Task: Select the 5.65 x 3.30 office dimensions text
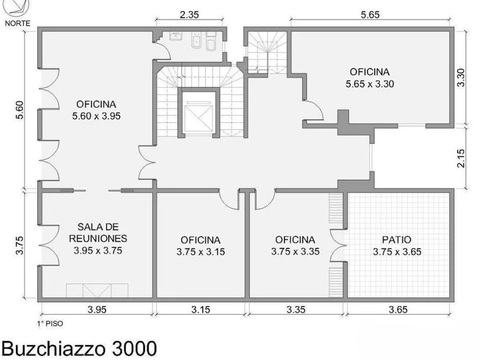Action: pyautogui.click(x=370, y=84)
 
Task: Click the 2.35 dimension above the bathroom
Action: pyautogui.click(x=189, y=15)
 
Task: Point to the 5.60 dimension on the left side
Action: pyautogui.click(x=19, y=110)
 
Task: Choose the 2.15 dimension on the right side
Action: pyautogui.click(x=461, y=158)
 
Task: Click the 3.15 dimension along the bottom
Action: pyautogui.click(x=201, y=310)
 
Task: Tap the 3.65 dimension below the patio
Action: pyautogui.click(x=398, y=310)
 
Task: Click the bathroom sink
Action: pyautogui.click(x=176, y=35)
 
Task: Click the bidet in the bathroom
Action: pyautogui.click(x=196, y=40)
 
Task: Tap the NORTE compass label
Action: pyautogui.click(x=18, y=23)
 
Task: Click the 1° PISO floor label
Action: pyautogui.click(x=50, y=323)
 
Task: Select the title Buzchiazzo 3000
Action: pyautogui.click(x=79, y=349)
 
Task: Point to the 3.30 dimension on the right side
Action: pyautogui.click(x=461, y=78)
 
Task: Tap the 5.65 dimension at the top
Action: pyautogui.click(x=370, y=15)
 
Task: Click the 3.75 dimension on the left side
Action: pyautogui.click(x=19, y=245)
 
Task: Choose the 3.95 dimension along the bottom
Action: pyautogui.click(x=97, y=310)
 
